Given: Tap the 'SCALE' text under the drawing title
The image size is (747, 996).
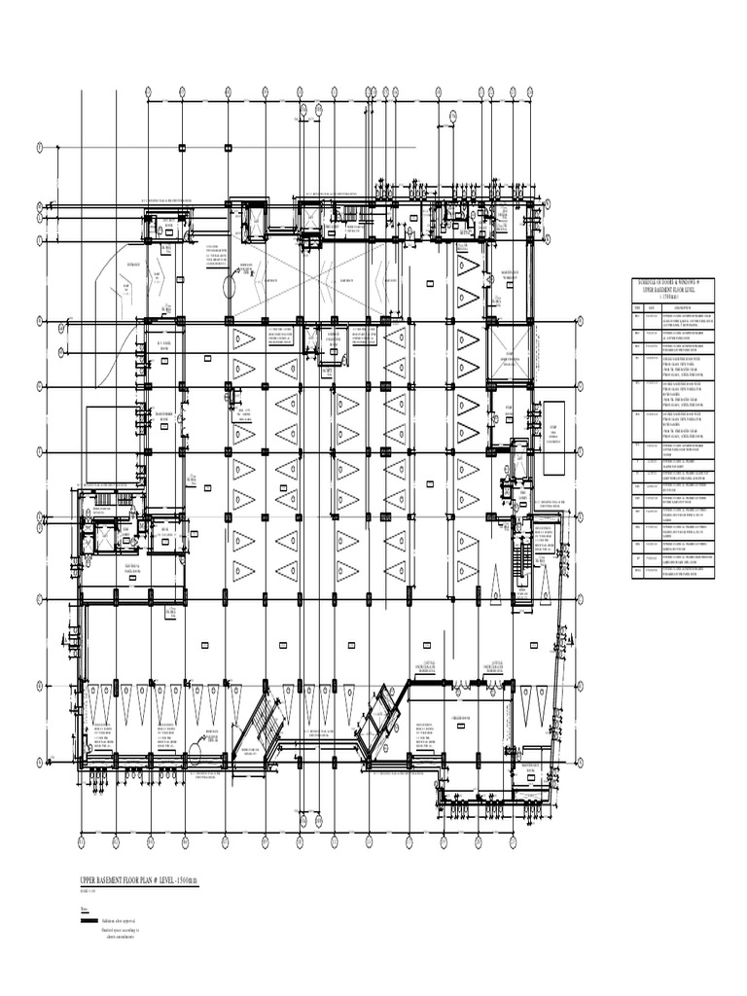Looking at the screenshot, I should [88, 891].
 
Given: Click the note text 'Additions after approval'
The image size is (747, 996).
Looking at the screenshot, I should [120, 919].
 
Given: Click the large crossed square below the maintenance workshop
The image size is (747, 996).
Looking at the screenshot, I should [509, 346].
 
